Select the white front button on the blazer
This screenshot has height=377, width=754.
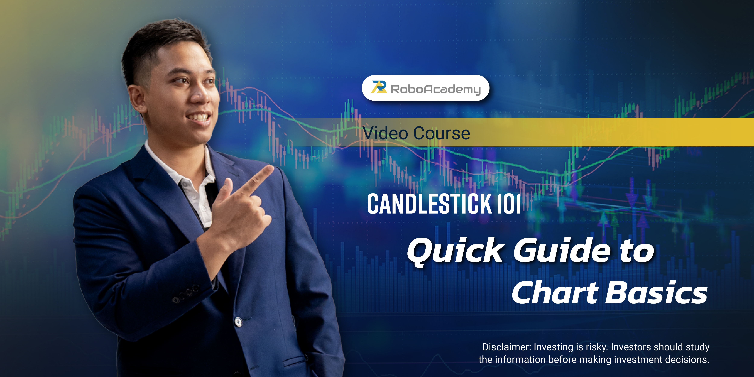tap(239, 322)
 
